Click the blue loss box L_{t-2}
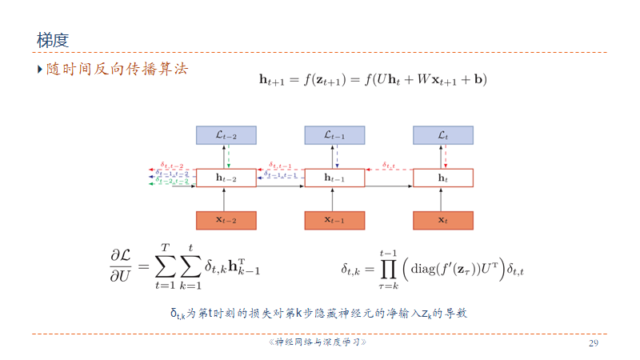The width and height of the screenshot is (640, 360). pos(226,135)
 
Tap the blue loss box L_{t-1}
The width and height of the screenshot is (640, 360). pos(334,135)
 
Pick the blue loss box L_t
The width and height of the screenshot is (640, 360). pos(442,135)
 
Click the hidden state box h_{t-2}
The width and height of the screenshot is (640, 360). pos(226,178)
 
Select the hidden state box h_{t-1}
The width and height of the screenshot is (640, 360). pos(334,178)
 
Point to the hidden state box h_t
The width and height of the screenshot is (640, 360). pos(442,178)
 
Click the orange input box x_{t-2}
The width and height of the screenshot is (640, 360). pos(226,220)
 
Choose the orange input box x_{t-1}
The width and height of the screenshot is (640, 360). pos(334,220)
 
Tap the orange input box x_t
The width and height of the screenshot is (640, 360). pos(442,220)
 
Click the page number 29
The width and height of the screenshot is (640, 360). pos(594,343)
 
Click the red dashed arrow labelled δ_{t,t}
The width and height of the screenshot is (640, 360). pos(389,170)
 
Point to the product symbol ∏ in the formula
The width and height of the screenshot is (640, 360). pos(389,270)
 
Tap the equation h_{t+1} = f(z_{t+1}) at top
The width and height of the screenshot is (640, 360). pos(373,79)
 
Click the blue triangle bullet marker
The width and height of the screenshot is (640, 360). pos(39,70)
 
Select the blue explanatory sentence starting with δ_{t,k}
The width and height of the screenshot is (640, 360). pos(318,314)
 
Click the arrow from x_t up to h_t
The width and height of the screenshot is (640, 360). pos(442,199)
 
